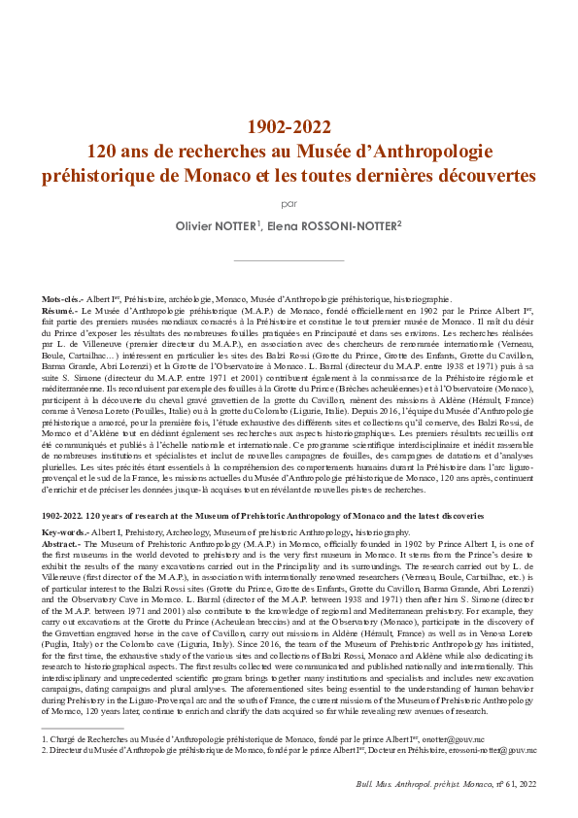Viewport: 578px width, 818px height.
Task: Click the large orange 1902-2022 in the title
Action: (289, 126)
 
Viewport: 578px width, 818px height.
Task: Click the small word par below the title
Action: (289, 204)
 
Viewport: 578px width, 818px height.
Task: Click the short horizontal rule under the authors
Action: (289, 261)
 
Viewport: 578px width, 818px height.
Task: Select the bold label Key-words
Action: (65, 533)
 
